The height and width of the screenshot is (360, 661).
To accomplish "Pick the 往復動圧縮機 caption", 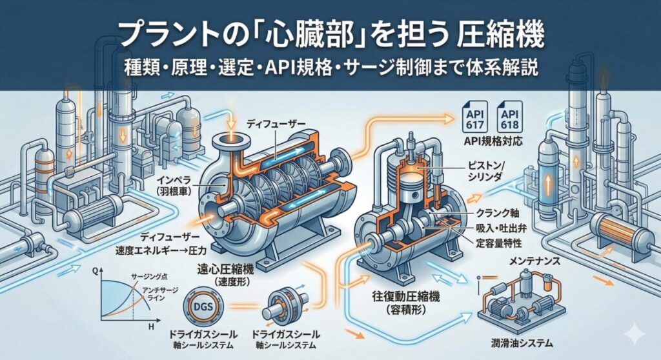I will tap(400, 299).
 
